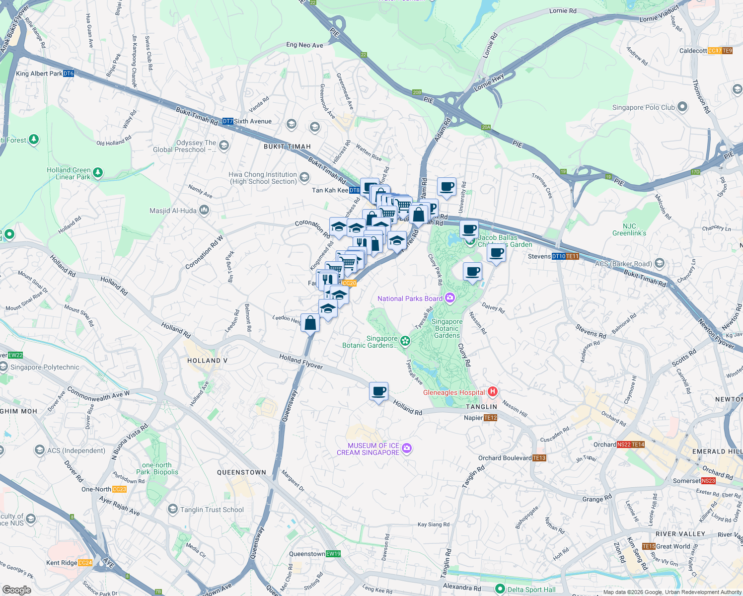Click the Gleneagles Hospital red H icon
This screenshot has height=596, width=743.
coord(493,391)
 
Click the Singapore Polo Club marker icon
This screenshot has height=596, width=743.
coord(682,107)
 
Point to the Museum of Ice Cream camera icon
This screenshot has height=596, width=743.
coord(407,448)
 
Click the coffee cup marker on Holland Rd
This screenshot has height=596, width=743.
coord(379,391)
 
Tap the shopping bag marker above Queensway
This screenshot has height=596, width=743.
coord(310,323)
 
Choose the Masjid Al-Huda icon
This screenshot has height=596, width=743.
coord(204,211)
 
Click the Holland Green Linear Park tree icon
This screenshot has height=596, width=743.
coord(98,173)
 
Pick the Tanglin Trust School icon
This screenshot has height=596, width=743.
coord(172,509)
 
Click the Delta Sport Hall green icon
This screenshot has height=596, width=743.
coord(500,589)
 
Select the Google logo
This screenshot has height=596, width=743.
coord(17,590)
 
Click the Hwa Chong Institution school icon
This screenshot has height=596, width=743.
coord(304,177)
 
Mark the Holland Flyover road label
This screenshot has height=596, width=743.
coord(301,362)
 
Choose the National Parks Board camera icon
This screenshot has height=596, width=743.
coord(450,298)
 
